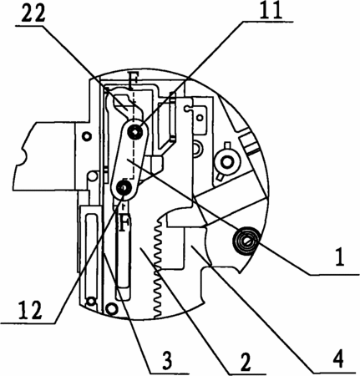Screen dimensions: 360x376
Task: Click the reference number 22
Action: click(33, 13)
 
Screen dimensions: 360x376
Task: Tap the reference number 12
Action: click(30, 310)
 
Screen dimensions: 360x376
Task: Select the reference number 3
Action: click(167, 360)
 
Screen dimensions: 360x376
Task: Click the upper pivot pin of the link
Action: click(135, 131)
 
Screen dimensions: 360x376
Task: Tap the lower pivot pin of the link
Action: click(123, 188)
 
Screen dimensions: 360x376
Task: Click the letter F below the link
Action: click(123, 222)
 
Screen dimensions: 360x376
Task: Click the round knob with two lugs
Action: click(227, 160)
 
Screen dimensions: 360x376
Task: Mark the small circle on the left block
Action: click(87, 136)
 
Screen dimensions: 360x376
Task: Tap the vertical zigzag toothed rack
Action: click(158, 267)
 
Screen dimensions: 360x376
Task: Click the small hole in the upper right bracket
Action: click(200, 117)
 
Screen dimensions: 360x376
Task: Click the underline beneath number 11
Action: click(267, 21)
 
